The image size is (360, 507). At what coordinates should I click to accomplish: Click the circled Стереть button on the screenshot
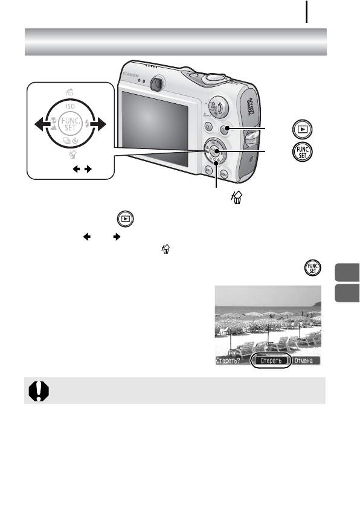pyautogui.click(x=271, y=362)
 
